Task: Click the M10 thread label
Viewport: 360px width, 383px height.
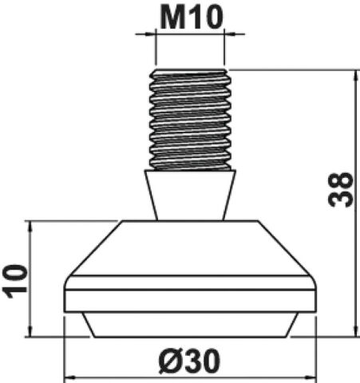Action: tap(191, 18)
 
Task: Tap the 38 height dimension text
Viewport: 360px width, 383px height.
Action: tap(341, 190)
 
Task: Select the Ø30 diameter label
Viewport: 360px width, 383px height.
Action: tap(189, 361)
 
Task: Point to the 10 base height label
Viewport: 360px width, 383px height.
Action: tap(15, 281)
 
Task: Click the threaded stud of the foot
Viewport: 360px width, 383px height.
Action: tap(190, 120)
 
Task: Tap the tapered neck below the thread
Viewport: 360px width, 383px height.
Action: tap(190, 195)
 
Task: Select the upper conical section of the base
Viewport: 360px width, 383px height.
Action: tap(190, 248)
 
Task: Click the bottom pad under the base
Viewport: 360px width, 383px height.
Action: tap(190, 325)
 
